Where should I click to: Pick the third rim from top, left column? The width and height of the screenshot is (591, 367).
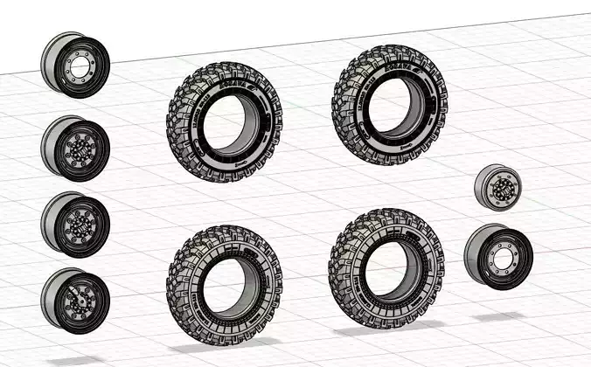point(75,224)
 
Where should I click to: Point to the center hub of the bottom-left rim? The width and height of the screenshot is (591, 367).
point(80,302)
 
